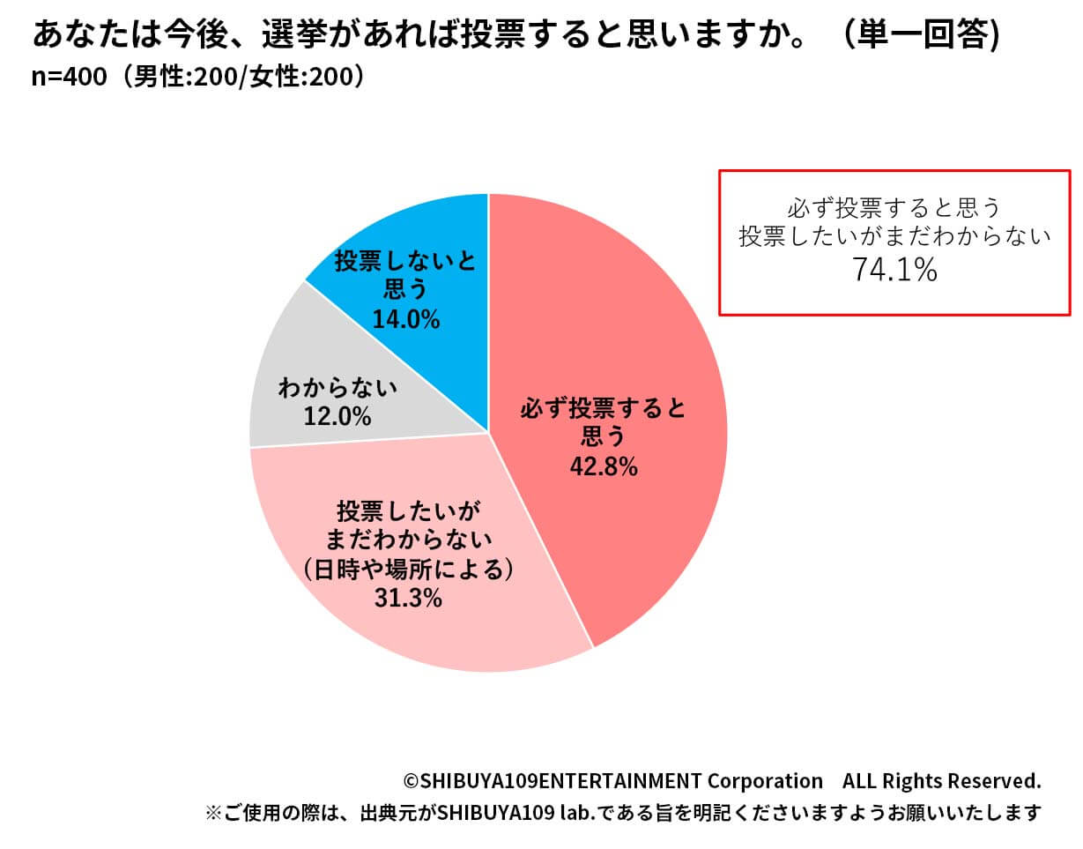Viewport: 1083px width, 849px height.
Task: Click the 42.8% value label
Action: click(x=603, y=466)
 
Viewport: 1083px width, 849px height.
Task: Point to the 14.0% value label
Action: click(x=405, y=319)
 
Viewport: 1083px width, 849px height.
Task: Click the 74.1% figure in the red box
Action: click(x=894, y=271)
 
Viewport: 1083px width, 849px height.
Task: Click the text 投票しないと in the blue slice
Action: click(x=405, y=262)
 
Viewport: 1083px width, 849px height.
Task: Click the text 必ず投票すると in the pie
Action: click(x=603, y=408)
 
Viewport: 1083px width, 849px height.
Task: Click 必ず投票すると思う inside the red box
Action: click(x=894, y=209)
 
